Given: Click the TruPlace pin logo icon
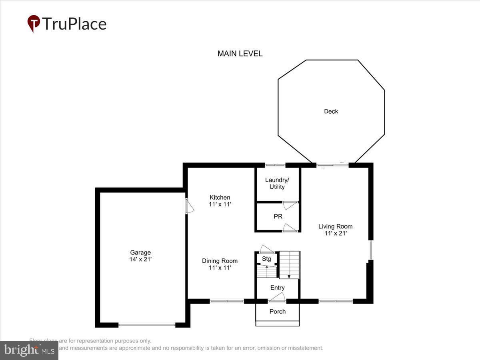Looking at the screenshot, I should point(34,23).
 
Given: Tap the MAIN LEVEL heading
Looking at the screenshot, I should point(240,54).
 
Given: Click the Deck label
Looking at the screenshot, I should point(331,112).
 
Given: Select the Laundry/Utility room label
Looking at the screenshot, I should point(277,183).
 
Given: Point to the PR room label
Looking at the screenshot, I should point(278,216).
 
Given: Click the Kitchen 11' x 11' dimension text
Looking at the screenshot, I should point(220,204).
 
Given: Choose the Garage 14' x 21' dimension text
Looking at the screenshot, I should point(140,259).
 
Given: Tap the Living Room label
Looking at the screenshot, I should point(335,226).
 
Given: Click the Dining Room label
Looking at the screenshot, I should point(220,261).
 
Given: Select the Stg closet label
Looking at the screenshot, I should point(266,259).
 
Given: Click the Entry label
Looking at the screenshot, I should point(277,288).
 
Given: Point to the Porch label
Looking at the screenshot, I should point(277,311).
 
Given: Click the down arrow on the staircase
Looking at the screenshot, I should point(289,276).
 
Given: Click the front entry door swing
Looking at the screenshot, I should point(277,297).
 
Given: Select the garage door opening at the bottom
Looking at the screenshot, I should point(147,325).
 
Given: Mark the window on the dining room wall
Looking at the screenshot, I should point(227,301).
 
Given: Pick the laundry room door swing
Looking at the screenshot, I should point(290,205).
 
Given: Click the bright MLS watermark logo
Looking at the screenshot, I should point(29,350).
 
